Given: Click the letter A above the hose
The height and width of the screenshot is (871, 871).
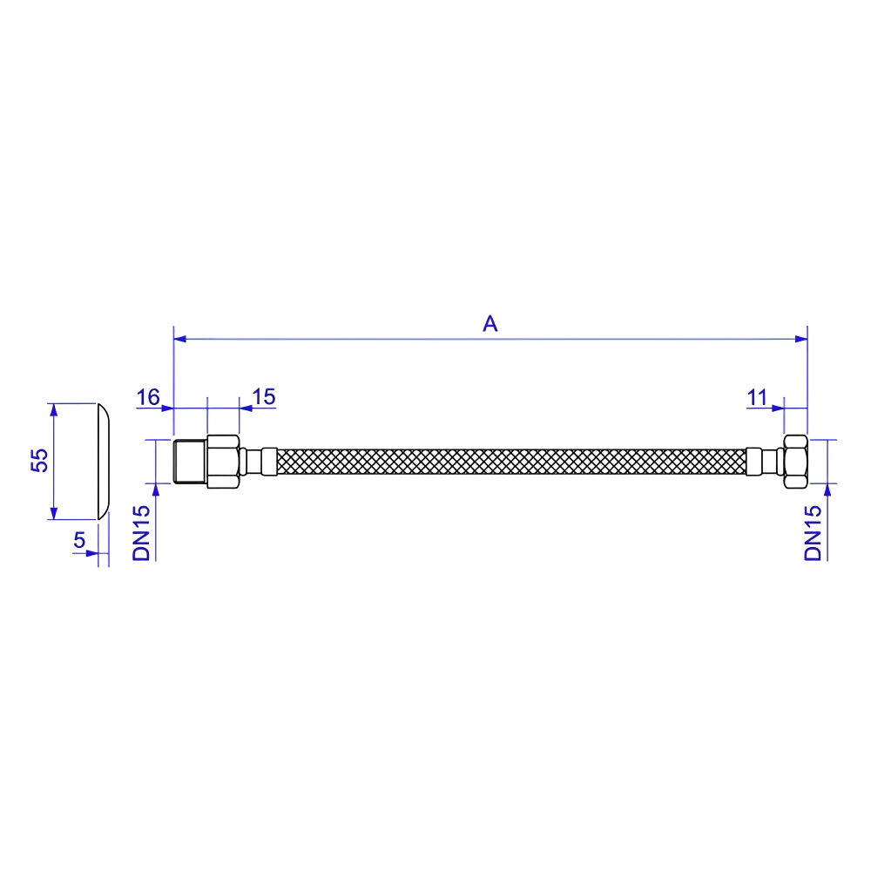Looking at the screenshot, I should [490, 324].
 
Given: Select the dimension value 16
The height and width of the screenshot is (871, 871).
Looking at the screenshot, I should [149, 397].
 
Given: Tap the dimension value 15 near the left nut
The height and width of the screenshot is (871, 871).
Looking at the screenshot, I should [263, 397].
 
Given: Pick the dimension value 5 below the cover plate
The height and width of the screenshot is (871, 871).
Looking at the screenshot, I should [79, 540].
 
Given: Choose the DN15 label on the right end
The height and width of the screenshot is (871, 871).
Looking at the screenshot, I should [814, 532].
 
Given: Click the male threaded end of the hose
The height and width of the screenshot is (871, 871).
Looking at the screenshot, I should [190, 462].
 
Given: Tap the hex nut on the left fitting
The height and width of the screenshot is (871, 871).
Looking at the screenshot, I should [223, 462].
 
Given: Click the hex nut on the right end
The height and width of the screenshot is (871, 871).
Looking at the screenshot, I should [795, 462].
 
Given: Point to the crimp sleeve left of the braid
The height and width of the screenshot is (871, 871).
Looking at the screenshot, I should [267, 462].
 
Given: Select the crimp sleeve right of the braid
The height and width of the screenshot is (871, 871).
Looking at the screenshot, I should [754, 462].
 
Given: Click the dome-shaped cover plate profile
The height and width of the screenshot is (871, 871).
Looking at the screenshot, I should [103, 461].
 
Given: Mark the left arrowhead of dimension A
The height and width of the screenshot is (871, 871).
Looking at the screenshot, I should [181, 339].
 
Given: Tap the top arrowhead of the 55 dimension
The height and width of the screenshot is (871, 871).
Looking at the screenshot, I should [54, 410].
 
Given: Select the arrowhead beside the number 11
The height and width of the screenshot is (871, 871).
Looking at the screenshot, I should [778, 408].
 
